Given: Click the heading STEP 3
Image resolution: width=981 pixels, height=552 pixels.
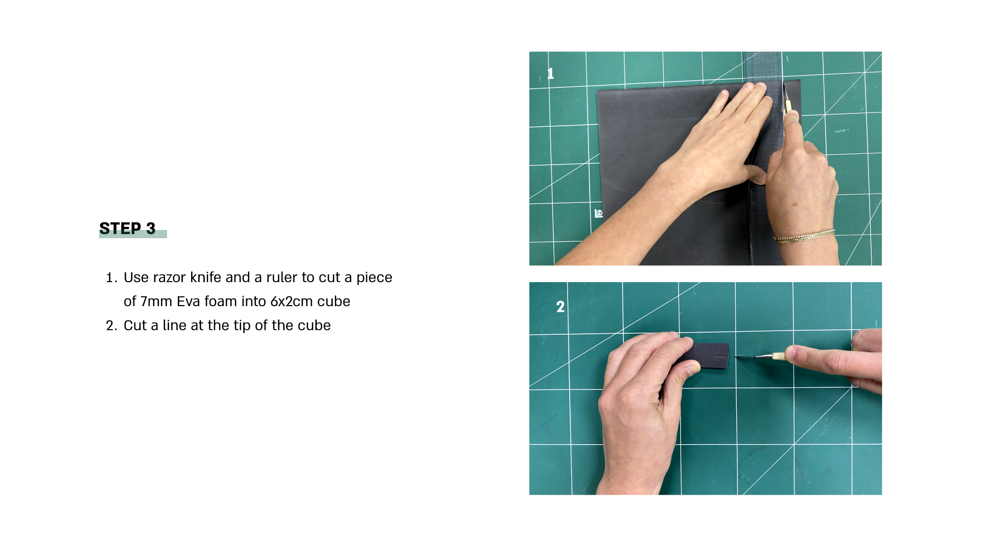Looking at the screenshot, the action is (x=127, y=228).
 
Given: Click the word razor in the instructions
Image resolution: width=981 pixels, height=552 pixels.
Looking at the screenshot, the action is (x=169, y=278).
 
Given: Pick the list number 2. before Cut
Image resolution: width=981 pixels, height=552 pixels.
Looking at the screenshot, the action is (x=111, y=326).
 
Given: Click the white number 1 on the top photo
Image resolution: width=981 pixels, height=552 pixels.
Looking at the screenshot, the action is (x=550, y=74).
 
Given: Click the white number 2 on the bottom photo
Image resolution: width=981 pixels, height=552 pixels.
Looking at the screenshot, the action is (x=560, y=307).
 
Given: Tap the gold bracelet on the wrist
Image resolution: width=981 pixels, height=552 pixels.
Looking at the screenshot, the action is (x=803, y=236).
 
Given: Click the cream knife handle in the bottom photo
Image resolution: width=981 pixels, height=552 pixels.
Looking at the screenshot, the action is (x=779, y=357).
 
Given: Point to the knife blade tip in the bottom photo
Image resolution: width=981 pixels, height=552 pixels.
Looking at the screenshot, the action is (x=736, y=356).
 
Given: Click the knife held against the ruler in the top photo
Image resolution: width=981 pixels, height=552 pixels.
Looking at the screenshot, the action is (x=787, y=100).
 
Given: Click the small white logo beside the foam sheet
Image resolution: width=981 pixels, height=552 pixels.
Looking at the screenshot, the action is (x=599, y=213).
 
